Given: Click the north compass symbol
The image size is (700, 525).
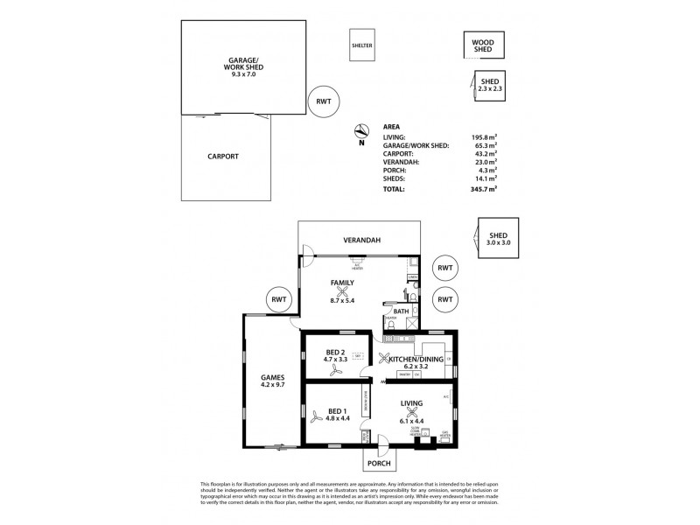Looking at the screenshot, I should click(x=360, y=132).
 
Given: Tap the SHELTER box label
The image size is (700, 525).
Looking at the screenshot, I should click(x=361, y=44).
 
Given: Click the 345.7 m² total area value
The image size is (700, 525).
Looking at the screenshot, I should click(x=483, y=189).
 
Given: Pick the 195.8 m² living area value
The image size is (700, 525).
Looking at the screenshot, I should click(x=483, y=136).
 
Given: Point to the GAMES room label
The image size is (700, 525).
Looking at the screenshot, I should click(x=272, y=377).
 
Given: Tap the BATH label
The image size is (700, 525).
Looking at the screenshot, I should click(x=401, y=311).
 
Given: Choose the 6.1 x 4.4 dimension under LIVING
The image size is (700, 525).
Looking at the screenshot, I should click(x=411, y=421).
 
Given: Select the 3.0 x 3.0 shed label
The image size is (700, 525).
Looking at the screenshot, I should click(x=498, y=242).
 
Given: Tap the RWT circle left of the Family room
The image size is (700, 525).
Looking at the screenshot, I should click(x=279, y=300).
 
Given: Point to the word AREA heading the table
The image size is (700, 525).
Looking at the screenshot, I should click(x=393, y=126).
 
